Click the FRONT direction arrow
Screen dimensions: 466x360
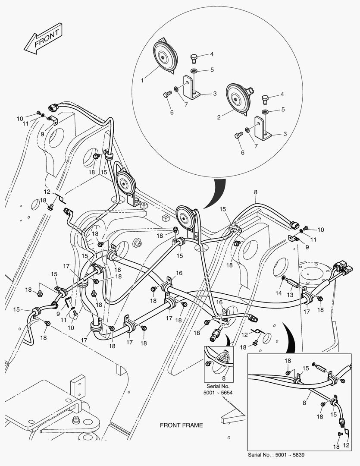44,40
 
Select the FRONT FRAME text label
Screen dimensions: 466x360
181,425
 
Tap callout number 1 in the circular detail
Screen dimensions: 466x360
142,80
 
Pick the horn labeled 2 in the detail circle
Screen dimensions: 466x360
237,98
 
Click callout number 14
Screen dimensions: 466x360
279,293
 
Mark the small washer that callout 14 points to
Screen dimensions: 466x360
283,278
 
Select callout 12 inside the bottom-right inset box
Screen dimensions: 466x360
346,445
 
